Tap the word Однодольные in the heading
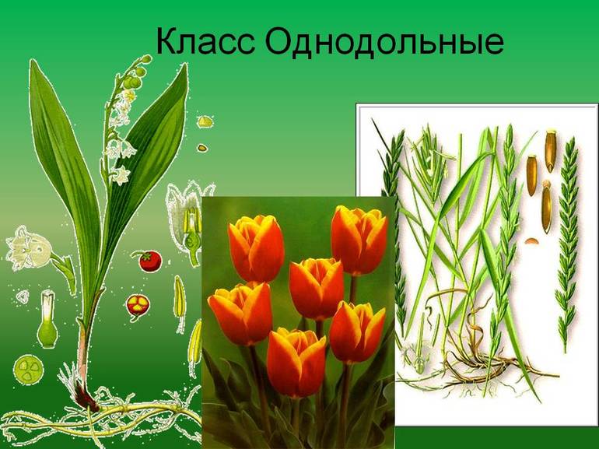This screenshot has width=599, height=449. pyautogui.click(x=384, y=44)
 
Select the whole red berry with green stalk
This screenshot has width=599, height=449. pyautogui.click(x=149, y=260)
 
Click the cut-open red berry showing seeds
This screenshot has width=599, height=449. pyautogui.click(x=138, y=305)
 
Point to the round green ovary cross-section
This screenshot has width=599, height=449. pyautogui.click(x=30, y=367)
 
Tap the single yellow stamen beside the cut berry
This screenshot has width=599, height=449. pyautogui.click(x=178, y=296)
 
